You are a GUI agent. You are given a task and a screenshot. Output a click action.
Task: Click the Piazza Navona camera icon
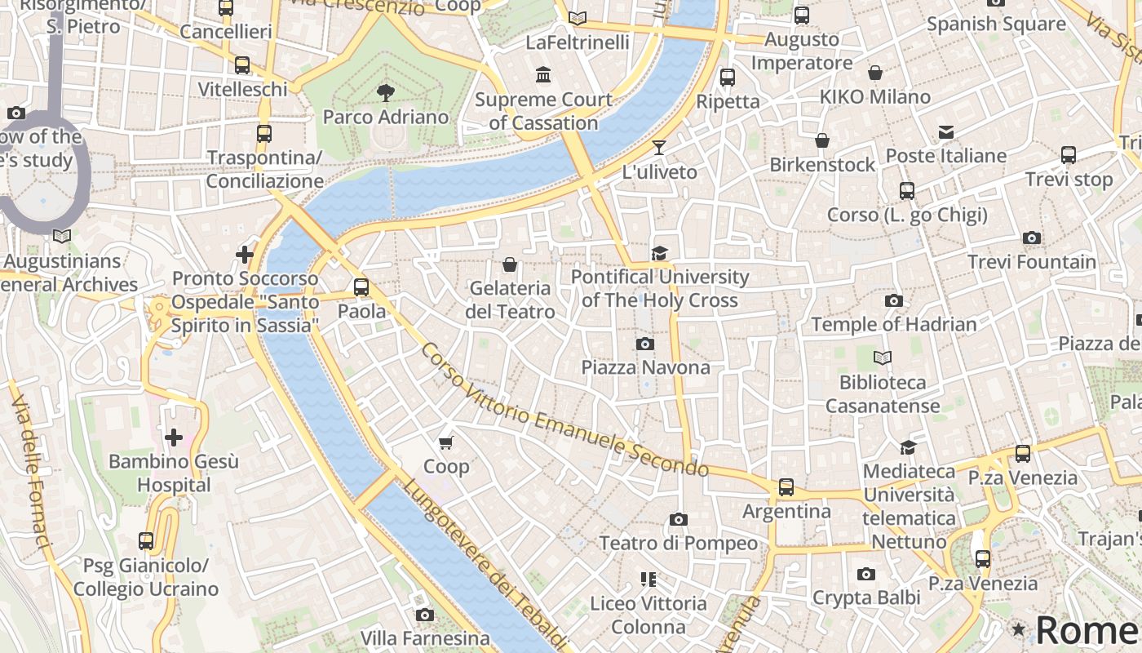[x=645, y=344]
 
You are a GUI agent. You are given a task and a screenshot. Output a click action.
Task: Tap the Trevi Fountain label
[x=1031, y=262]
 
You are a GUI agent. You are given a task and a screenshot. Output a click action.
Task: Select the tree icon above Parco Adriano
[x=386, y=93]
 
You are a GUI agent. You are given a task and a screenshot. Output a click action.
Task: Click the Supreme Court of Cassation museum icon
[x=543, y=76]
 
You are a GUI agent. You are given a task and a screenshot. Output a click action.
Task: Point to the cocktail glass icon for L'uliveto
[x=659, y=148]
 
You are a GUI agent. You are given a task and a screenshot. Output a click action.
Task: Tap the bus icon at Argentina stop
[x=786, y=487]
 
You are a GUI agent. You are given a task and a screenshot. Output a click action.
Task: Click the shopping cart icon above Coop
[x=445, y=442]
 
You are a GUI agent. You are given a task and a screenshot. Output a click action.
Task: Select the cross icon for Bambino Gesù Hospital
[x=174, y=438]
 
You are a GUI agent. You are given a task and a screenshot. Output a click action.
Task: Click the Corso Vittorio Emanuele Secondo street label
[x=564, y=411]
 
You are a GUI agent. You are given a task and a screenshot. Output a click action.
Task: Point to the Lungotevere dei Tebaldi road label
[x=485, y=564]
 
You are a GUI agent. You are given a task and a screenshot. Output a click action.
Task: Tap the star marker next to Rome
[x=1018, y=629]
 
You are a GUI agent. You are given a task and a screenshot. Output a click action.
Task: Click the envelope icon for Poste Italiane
[x=946, y=131]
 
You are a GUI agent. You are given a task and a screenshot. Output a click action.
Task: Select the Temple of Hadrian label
[x=893, y=324]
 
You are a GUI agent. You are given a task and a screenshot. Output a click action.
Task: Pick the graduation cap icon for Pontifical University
[x=659, y=253]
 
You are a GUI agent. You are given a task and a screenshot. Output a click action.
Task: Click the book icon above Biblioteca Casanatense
[x=883, y=358]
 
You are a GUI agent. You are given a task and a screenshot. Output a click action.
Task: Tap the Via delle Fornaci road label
[x=31, y=473]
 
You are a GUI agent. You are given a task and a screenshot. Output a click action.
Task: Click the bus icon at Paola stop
[x=361, y=287]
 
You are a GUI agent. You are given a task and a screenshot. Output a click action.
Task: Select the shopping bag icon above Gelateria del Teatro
[x=510, y=264]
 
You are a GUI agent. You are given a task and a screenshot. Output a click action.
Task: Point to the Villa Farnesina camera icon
[x=425, y=615]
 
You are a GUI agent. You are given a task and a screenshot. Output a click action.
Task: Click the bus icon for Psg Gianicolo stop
[x=146, y=541]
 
